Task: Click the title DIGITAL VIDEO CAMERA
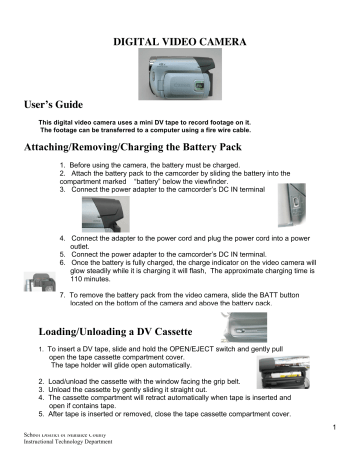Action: coord(180,43)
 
